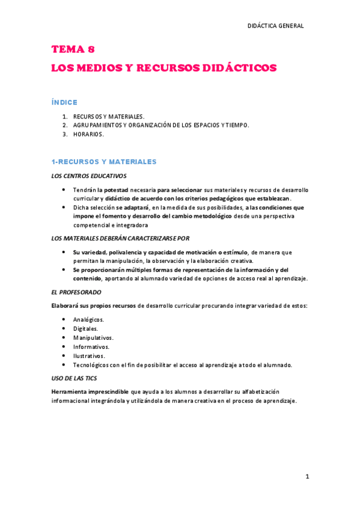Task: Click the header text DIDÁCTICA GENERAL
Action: (275, 26)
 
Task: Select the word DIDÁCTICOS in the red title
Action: (240, 68)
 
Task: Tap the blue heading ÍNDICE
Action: (64, 102)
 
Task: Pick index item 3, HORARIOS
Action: (88, 134)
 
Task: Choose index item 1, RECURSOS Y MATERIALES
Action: (109, 116)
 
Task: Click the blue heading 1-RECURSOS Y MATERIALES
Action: (104, 162)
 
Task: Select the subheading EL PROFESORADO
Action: (76, 292)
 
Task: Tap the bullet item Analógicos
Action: (88, 319)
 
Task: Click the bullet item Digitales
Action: (85, 328)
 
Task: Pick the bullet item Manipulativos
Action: (93, 337)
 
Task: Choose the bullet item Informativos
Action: (91, 346)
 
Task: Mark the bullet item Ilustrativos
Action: (89, 355)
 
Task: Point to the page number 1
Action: (307, 476)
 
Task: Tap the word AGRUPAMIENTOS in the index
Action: (97, 125)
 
